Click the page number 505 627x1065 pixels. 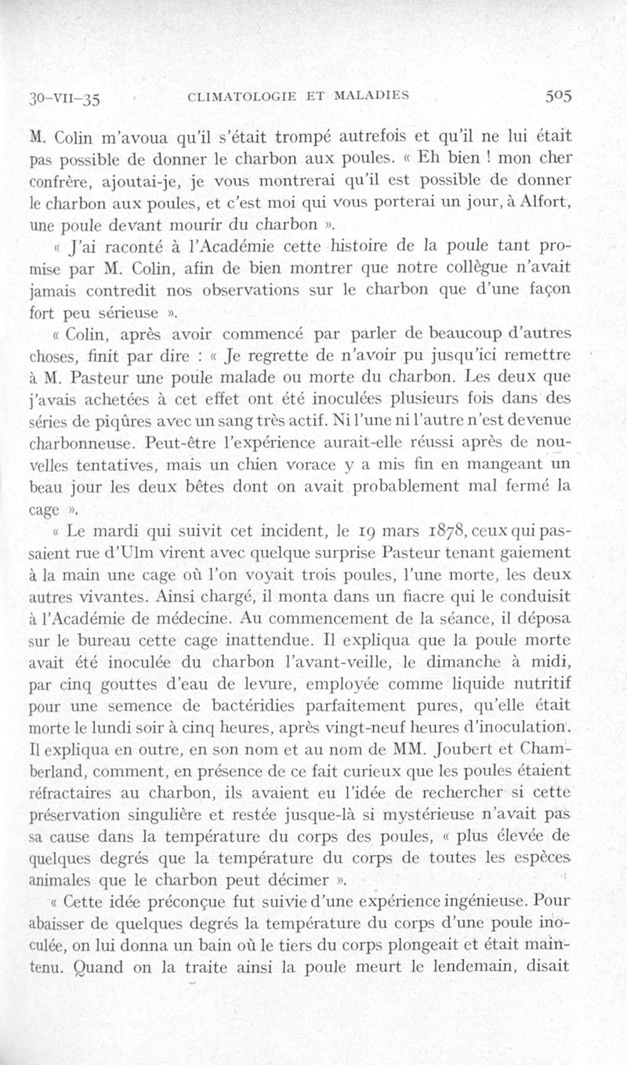click(x=558, y=97)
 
